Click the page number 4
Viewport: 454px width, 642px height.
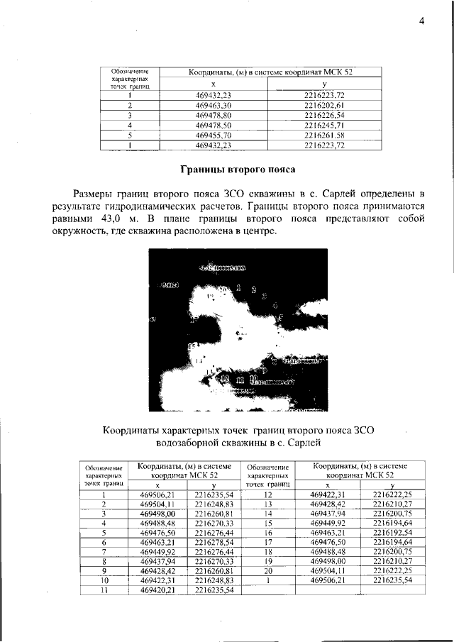click(x=421, y=21)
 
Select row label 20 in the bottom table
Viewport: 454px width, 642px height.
click(x=269, y=570)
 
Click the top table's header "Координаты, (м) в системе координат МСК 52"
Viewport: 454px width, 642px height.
click(x=270, y=72)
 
